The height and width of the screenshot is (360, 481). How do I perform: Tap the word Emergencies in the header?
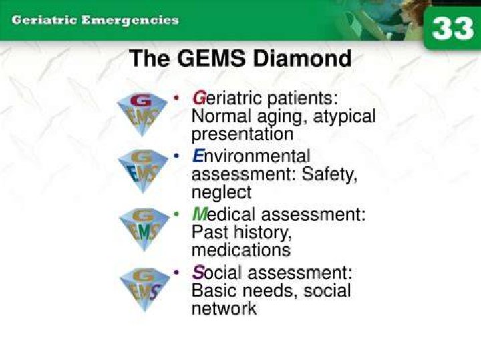130,21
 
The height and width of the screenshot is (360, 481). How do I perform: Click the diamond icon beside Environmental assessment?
143,170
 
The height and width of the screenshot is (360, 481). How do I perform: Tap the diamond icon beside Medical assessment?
144,229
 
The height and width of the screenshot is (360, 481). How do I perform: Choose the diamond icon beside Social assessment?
145,289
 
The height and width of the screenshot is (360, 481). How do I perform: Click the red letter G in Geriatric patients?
199,98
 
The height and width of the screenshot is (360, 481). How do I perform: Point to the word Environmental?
251,156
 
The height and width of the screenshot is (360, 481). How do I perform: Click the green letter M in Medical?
200,214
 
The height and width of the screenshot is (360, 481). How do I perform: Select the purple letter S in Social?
198,273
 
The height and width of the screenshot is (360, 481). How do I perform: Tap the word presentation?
243,134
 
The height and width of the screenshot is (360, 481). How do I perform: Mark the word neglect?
221,192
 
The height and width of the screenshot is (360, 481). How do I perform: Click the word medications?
241,250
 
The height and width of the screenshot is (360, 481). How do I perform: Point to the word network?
224,308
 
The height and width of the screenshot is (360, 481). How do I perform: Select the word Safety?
329,174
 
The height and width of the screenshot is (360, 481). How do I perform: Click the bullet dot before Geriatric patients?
176,98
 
